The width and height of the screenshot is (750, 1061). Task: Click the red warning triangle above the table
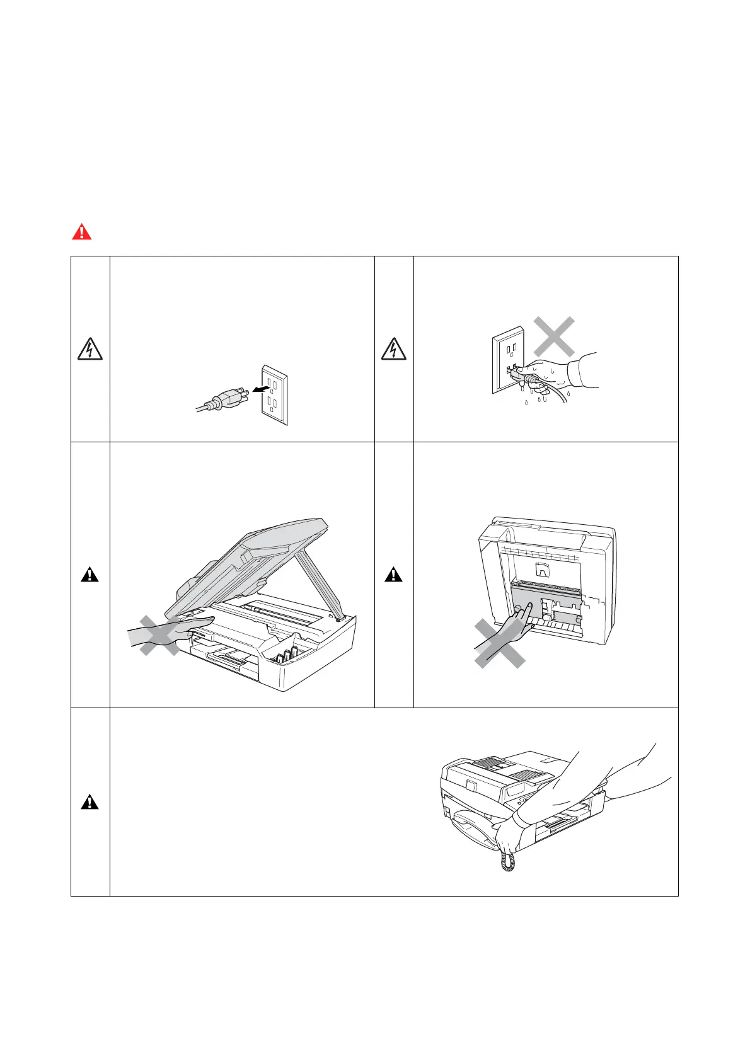[81, 232]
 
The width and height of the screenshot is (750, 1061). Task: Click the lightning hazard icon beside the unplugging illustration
[89, 348]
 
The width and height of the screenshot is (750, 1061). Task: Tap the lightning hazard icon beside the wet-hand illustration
[394, 348]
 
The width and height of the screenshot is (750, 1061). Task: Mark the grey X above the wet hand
[553, 336]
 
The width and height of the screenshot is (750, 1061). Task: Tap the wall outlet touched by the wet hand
[507, 359]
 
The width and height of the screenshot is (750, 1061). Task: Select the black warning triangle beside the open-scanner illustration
[89, 575]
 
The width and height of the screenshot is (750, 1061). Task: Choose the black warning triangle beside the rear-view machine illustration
[394, 575]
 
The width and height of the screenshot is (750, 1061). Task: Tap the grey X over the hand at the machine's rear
[499, 643]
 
